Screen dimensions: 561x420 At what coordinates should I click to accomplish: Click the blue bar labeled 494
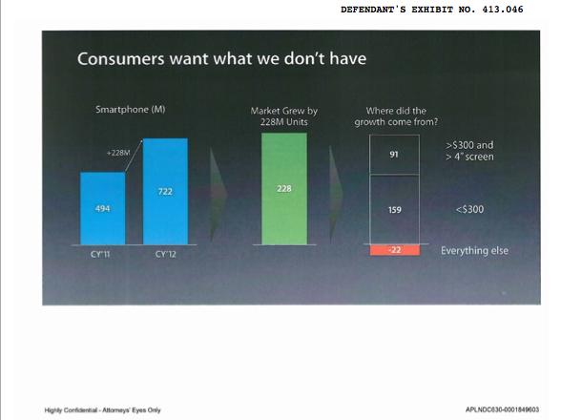[103, 208]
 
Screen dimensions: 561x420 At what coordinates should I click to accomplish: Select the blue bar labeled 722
[165, 192]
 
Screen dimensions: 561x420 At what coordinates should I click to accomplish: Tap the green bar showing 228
[284, 189]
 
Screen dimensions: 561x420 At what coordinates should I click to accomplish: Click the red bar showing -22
[395, 249]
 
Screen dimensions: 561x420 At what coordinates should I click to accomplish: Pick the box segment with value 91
[394, 155]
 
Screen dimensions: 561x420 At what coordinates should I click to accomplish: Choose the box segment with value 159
[394, 209]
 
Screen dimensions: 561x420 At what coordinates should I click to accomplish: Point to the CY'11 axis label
[100, 255]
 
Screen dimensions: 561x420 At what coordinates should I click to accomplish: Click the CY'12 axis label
[166, 255]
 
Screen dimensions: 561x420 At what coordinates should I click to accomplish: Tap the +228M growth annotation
[118, 153]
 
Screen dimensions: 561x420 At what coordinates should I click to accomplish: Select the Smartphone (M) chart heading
[131, 109]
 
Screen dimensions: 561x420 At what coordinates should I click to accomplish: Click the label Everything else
[474, 251]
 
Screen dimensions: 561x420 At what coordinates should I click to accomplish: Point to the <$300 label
[469, 209]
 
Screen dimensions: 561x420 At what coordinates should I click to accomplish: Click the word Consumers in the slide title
[121, 59]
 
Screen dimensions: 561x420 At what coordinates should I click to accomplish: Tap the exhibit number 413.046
[502, 10]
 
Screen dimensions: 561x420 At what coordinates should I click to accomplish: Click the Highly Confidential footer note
[103, 409]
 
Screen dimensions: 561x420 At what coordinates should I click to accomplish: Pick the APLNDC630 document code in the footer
[502, 409]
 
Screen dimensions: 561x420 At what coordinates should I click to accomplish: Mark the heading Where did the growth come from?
[396, 116]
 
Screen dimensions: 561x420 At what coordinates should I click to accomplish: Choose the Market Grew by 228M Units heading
[284, 116]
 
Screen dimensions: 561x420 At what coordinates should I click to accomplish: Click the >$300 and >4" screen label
[469, 151]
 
